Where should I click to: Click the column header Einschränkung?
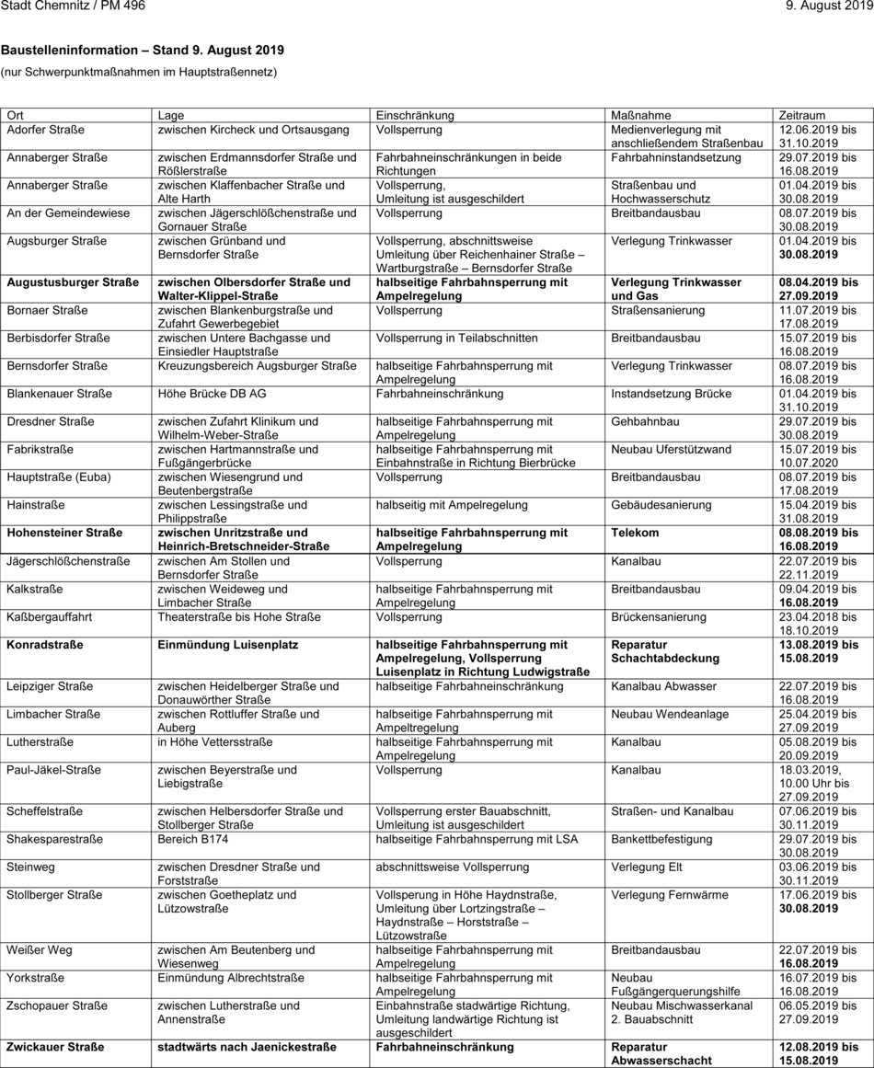(x=415, y=115)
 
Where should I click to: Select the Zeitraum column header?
(x=801, y=115)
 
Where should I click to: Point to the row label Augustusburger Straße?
(x=73, y=282)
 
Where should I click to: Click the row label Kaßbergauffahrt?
(x=49, y=616)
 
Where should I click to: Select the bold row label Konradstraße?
(x=44, y=645)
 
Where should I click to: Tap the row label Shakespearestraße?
(x=54, y=839)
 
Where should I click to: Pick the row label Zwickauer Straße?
(x=55, y=1047)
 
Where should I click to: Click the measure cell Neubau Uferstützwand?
(x=672, y=449)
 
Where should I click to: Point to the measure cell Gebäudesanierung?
(x=661, y=505)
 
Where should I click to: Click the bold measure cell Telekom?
(x=635, y=533)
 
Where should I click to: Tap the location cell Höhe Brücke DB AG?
(x=213, y=394)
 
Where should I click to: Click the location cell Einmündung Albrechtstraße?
(x=231, y=978)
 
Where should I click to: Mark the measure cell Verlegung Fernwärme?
(x=670, y=894)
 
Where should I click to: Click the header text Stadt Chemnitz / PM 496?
(x=73, y=6)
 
